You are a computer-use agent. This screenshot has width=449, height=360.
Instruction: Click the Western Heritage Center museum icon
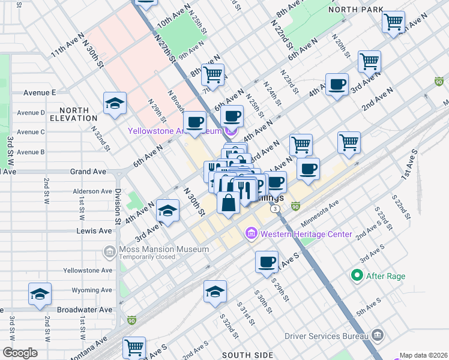pyautogui.click(x=251, y=233)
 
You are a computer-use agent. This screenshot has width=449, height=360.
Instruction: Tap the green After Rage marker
pyautogui.click(x=357, y=276)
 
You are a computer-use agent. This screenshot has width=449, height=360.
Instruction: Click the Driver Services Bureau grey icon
pyautogui.click(x=378, y=334)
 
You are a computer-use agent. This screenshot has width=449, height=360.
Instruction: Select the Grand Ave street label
pyautogui.click(x=88, y=172)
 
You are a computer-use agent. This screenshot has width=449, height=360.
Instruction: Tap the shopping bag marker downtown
pyautogui.click(x=229, y=203)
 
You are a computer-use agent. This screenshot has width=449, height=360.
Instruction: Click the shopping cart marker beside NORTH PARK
pyautogui.click(x=393, y=22)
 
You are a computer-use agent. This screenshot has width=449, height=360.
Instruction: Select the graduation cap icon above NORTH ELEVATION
pyautogui.click(x=115, y=103)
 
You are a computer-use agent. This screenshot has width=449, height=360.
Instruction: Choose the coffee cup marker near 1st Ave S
pyautogui.click(x=267, y=262)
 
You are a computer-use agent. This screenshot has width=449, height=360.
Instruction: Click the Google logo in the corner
pyautogui.click(x=20, y=353)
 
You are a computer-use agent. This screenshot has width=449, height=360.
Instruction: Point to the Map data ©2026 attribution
pyautogui.click(x=424, y=355)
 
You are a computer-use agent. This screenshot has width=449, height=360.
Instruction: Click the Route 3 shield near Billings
pyautogui.click(x=274, y=208)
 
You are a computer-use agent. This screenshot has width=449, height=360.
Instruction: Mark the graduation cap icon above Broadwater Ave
pyautogui.click(x=40, y=294)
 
